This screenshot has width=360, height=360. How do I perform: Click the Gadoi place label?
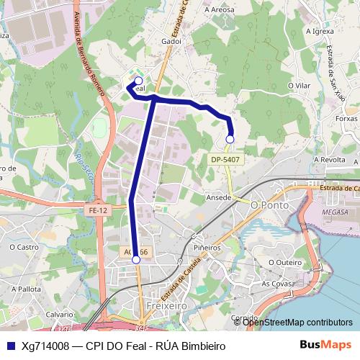pyautogui.click(x=171, y=42)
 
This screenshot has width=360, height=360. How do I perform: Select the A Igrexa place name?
pyautogui.click(x=319, y=32)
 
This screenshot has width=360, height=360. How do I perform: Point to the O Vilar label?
pyautogui.click(x=298, y=85)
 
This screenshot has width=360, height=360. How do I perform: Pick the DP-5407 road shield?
pyautogui.click(x=225, y=159)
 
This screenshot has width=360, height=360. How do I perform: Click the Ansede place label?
pyautogui.click(x=218, y=196)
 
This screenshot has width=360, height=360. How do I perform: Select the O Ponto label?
pyautogui.click(x=269, y=205)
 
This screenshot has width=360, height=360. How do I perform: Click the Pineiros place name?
pyautogui.click(x=207, y=247)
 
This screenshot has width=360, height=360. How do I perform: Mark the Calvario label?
pyautogui.click(x=60, y=315)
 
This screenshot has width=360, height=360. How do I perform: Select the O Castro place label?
pyautogui.click(x=24, y=247)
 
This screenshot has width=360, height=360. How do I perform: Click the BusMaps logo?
pyautogui.click(x=326, y=345)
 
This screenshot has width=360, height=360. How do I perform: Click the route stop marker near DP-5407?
pyautogui.click(x=230, y=139)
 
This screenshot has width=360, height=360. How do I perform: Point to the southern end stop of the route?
pyautogui.click(x=135, y=259)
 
